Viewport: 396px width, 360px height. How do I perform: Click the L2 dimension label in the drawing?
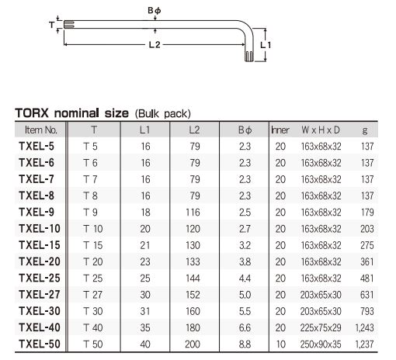point(155,45)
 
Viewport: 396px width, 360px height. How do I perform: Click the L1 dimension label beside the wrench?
point(266,45)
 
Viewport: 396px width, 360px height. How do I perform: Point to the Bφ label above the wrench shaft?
point(155,10)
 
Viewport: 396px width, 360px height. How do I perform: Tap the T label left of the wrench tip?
point(52,25)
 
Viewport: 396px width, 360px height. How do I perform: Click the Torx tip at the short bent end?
point(249,57)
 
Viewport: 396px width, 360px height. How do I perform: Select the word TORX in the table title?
point(32,113)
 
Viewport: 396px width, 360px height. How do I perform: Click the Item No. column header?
point(41,130)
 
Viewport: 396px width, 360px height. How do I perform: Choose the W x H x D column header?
point(321,130)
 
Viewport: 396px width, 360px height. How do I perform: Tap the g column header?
point(365,130)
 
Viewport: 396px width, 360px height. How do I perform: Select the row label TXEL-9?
point(36,213)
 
